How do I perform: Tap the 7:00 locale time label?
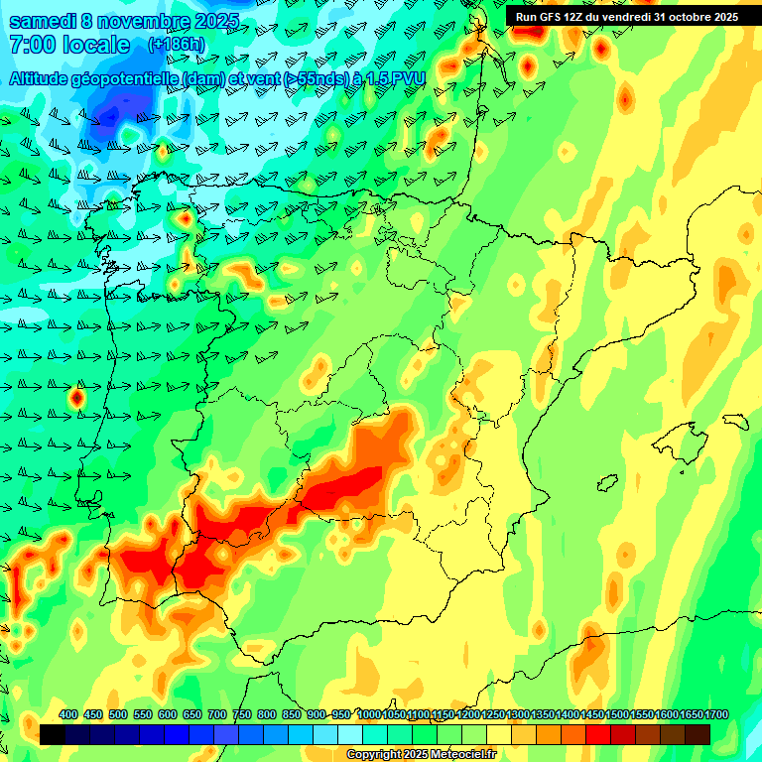point(68,45)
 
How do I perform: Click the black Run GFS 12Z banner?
point(626,17)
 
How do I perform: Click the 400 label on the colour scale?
point(68,714)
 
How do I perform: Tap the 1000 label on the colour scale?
point(369,714)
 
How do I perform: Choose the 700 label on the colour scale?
point(217,714)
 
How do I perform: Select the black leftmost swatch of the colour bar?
point(53,734)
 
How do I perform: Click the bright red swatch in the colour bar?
point(598,734)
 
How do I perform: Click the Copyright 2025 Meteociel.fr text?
point(421,755)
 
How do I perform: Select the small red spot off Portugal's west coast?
point(76,398)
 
